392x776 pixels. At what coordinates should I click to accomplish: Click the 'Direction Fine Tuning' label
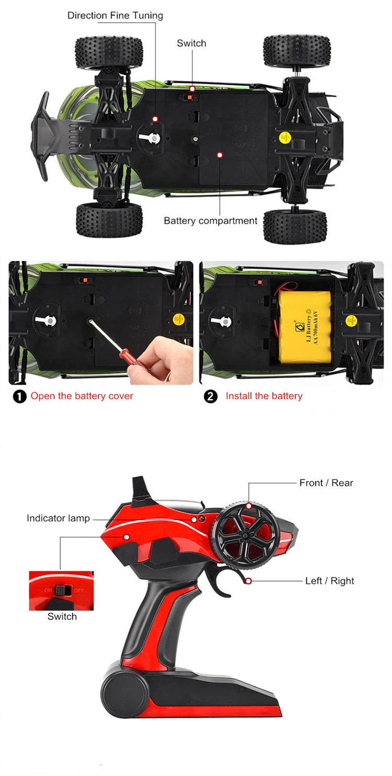115,16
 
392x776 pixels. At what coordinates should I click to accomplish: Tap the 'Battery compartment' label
210,221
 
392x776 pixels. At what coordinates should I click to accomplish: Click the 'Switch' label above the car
191,43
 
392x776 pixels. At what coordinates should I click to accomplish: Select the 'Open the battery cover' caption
82,396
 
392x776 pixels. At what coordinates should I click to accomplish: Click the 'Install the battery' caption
263,396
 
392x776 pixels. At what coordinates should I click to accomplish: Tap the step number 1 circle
19,397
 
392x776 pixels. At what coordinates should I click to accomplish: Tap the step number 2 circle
210,397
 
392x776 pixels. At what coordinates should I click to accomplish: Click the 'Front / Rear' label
326,483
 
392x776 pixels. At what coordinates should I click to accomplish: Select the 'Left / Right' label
329,581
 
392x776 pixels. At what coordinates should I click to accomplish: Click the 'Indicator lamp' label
58,518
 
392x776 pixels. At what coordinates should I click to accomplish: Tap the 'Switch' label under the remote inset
62,617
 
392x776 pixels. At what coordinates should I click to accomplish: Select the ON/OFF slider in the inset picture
62,590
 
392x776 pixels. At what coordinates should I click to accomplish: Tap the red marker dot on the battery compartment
220,155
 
